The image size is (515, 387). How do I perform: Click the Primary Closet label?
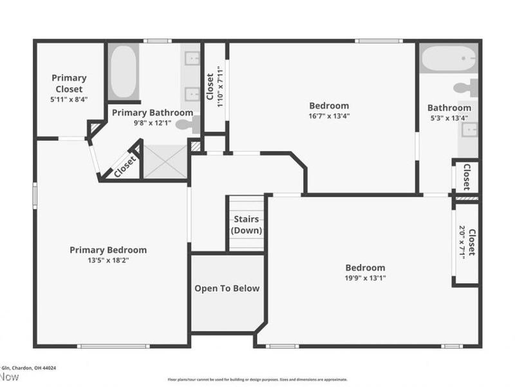click(69, 83)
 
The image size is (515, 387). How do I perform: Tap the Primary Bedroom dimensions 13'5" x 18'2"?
click(108, 261)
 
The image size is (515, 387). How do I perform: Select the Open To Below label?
click(227, 288)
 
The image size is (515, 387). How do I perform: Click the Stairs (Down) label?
click(246, 224)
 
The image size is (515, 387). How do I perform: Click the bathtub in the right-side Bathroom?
click(448, 58)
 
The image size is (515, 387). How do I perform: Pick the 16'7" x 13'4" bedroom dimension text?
click(329, 116)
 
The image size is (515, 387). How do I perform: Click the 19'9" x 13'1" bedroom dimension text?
click(365, 279)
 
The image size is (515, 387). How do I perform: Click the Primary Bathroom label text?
click(153, 112)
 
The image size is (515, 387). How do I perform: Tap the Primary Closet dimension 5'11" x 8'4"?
click(69, 99)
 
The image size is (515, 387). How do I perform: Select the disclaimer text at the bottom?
click(257, 379)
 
